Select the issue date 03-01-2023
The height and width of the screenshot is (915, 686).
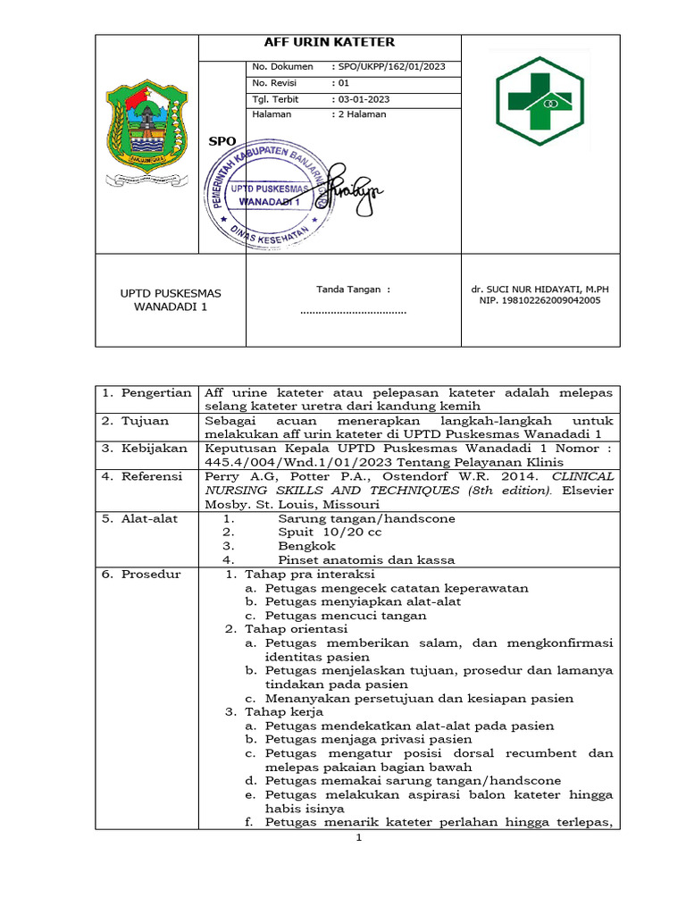pos(361,98)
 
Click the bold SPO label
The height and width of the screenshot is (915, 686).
pos(222,141)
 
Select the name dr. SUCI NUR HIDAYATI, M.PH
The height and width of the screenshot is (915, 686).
pos(546,290)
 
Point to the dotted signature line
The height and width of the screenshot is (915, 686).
pos(354,312)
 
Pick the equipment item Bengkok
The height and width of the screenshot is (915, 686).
pos(306,546)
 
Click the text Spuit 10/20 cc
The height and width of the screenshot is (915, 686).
pos(330,532)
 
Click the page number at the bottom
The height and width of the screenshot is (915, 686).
pos(358,838)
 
